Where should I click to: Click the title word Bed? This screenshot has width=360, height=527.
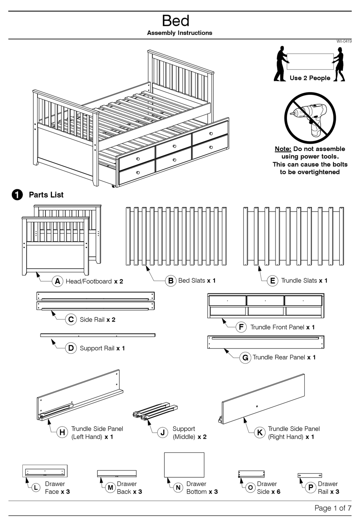click(175, 20)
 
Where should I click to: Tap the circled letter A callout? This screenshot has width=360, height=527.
click(57, 281)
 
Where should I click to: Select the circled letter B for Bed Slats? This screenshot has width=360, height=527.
click(171, 281)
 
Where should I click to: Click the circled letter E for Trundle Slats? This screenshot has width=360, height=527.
click(272, 281)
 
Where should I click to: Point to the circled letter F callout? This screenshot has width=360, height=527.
click(241, 327)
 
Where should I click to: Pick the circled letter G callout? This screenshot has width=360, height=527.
click(245, 358)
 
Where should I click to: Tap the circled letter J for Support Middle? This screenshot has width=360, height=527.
click(163, 433)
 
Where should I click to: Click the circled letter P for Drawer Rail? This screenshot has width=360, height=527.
click(310, 488)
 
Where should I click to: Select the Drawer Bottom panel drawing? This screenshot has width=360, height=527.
click(184, 465)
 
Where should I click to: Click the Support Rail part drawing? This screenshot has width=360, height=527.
click(98, 335)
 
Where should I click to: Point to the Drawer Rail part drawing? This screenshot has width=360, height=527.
click(310, 475)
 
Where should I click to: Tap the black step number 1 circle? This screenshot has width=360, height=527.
click(17, 195)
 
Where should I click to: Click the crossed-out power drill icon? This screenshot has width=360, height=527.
click(310, 118)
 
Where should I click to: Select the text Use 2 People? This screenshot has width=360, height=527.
click(310, 78)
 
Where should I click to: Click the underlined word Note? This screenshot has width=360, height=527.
click(283, 149)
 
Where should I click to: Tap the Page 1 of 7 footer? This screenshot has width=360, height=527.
click(333, 508)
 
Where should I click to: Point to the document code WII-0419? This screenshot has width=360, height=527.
click(344, 41)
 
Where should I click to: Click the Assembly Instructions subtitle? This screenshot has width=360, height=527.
click(180, 33)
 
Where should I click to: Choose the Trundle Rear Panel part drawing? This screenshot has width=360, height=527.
click(266, 342)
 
